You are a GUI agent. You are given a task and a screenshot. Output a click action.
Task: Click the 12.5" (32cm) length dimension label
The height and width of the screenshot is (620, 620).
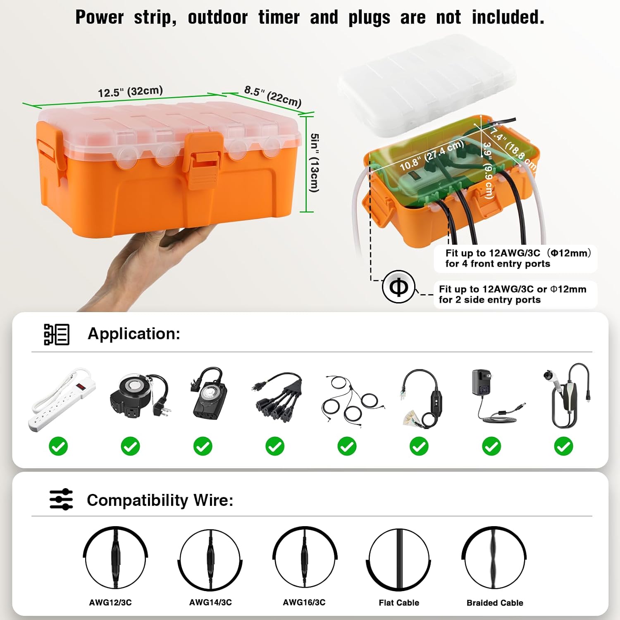coord(130,91)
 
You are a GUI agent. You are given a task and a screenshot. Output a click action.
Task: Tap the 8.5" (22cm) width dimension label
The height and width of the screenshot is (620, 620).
coord(272,96)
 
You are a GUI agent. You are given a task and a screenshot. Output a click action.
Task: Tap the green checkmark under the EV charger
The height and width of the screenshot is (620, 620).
coord(563,446)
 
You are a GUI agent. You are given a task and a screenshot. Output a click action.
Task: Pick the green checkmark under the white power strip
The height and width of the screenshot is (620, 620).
coord(58,446)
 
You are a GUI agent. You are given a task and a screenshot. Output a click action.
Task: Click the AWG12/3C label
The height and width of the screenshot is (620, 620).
coord(110,603)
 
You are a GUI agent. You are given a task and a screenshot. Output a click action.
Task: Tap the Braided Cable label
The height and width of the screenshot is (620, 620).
coord(495,603)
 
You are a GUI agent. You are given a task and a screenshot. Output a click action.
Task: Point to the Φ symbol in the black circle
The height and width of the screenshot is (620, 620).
coord(398,287)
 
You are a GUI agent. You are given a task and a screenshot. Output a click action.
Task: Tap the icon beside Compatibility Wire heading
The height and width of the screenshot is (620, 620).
coord(61,499)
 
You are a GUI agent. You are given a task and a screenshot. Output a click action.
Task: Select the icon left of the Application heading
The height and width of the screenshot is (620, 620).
coord(57,334)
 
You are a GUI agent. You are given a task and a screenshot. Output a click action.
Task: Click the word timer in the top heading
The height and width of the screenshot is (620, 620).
coord(279,17)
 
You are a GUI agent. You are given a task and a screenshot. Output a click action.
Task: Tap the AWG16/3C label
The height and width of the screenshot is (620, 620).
coord(304,603)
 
